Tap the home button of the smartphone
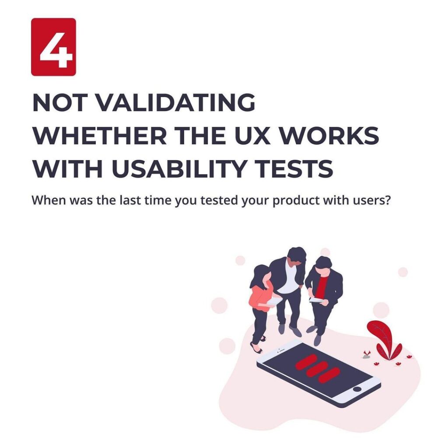[x=357, y=389]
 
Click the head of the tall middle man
[x=296, y=255]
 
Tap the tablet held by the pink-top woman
[x=274, y=302]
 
